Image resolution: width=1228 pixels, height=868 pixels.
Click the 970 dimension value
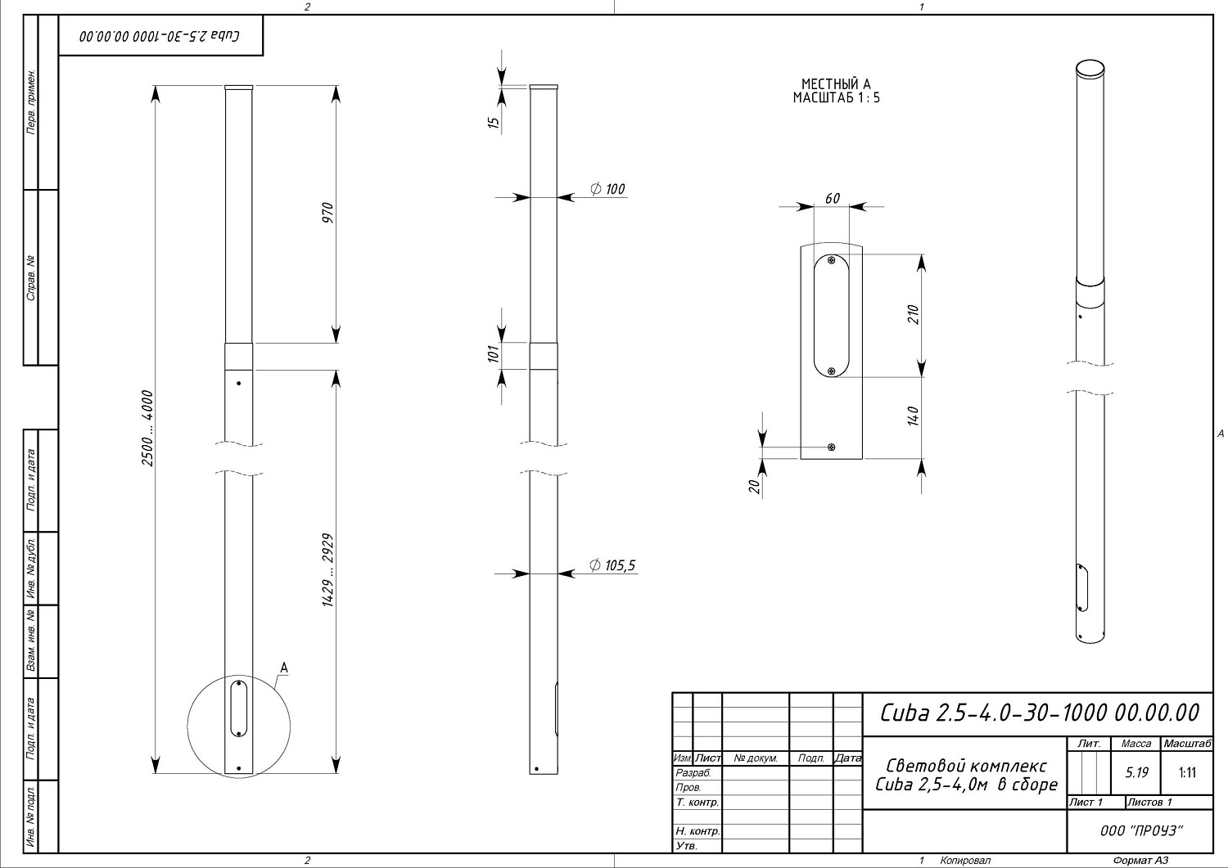327,213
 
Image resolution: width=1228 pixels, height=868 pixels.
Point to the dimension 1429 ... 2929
327,570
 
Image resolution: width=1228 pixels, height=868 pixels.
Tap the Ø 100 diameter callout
607,189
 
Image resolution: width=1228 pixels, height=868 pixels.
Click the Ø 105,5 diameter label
612,565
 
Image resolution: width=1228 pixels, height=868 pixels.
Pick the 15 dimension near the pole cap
494,122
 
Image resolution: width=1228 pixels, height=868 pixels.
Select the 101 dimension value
494,353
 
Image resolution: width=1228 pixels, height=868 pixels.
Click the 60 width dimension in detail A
833,198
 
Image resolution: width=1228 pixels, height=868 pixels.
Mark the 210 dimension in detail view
913,314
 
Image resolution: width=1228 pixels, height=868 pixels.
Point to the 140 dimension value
913,416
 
